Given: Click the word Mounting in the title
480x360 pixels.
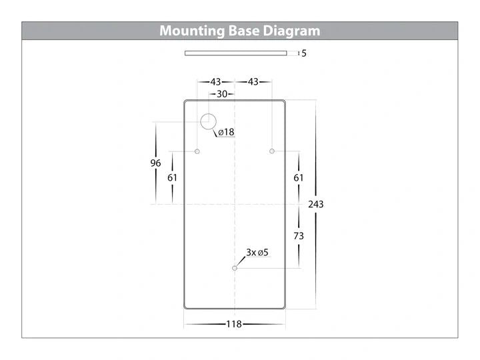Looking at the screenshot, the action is pos(192,31).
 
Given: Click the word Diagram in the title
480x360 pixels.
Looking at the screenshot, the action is pos(291,31).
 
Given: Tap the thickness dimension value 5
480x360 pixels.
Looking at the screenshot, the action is pos(304,53).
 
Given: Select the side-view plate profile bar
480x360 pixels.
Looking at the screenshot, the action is pos(236,53).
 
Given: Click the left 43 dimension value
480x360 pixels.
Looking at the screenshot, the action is pos(215,82).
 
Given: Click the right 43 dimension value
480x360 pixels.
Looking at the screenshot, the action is pos(253,82).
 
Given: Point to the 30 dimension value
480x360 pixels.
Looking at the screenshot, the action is pos(222,94).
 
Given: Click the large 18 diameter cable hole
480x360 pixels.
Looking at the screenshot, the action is pos(208,114).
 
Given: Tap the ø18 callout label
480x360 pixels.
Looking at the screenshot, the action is pos(226,132).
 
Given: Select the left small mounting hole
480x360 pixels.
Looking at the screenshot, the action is pos(197,151).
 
